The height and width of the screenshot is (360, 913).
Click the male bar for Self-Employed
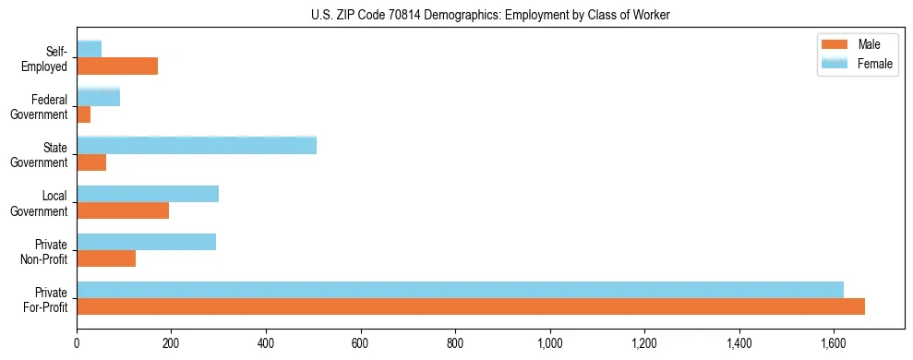click(117, 66)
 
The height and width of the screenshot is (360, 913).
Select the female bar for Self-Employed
click(90, 49)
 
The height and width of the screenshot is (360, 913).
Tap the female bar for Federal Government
click(99, 97)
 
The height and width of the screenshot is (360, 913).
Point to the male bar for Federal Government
click(84, 114)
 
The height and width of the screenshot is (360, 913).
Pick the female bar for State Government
click(197, 145)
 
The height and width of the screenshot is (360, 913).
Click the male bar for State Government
click(91, 162)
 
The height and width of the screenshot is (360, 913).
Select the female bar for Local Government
click(148, 193)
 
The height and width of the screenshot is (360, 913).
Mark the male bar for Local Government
click(123, 210)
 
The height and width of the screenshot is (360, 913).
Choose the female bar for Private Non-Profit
click(147, 242)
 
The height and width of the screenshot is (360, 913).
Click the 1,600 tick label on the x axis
click(834, 343)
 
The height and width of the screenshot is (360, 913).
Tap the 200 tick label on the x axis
click(172, 343)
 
